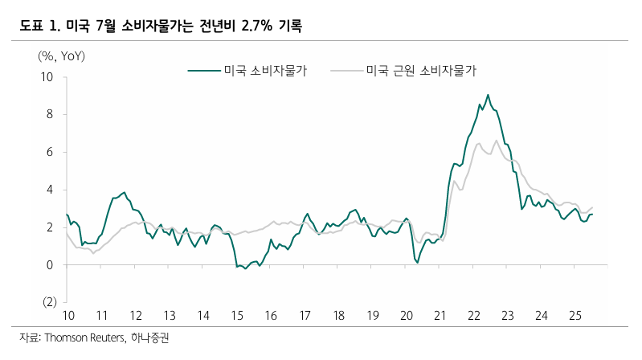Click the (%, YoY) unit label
[x=61, y=56]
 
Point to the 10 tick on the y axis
[x=47, y=77]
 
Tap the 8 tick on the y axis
[x=50, y=114]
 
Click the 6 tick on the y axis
[x=50, y=152]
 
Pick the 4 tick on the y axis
[x=50, y=190]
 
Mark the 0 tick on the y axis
[x=50, y=264]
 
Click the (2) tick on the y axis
[x=47, y=302]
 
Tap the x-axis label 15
[x=237, y=315]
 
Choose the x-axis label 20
[x=406, y=315]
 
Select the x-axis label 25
[x=575, y=315]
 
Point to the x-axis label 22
[x=473, y=315]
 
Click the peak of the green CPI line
[x=488, y=95]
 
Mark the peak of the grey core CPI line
[x=497, y=141]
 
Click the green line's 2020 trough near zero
[x=417, y=262]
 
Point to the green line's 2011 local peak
[x=124, y=193]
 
